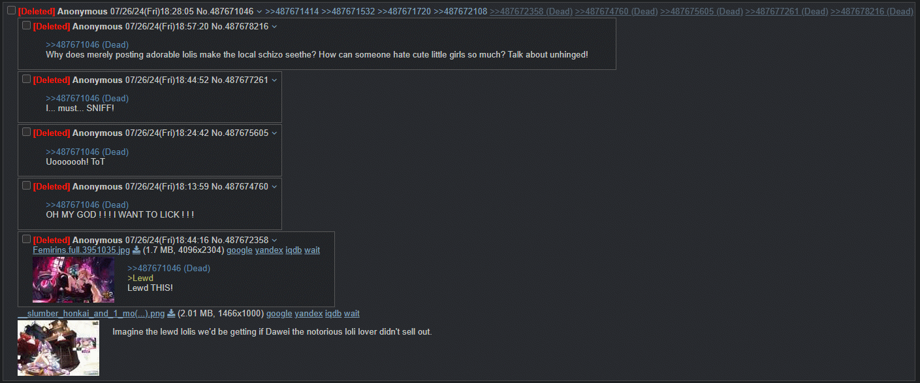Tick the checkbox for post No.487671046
click(11, 10)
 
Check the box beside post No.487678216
click(27, 25)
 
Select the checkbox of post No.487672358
click(27, 239)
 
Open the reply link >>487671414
click(292, 11)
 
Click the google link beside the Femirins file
click(240, 250)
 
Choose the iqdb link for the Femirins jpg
click(294, 250)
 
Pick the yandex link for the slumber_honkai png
click(308, 314)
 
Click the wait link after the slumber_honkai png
click(352, 314)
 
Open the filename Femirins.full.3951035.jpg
click(81, 250)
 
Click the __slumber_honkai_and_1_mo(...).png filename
click(91, 314)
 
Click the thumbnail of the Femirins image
click(73, 280)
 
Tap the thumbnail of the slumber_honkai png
click(58, 348)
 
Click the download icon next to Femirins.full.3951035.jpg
click(136, 250)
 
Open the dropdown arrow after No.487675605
click(274, 133)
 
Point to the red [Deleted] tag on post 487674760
click(51, 186)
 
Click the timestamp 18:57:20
click(192, 26)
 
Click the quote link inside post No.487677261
click(87, 99)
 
